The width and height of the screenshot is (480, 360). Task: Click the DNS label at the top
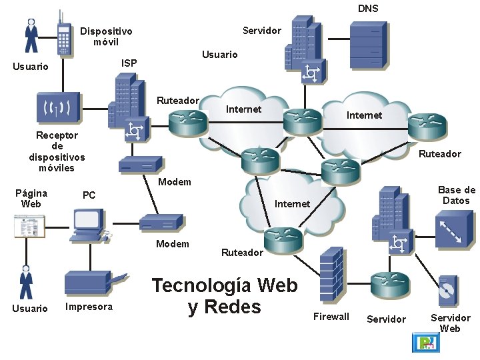point(368,9)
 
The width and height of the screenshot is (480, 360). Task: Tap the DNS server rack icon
point(368,44)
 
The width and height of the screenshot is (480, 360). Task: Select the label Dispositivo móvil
point(106,37)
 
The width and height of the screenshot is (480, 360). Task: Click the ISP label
point(129,63)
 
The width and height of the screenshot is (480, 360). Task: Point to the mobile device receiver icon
point(61,107)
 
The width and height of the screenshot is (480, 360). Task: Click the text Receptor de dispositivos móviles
point(57,151)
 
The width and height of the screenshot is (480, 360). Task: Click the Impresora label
point(89,307)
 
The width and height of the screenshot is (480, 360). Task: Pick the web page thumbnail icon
point(30,227)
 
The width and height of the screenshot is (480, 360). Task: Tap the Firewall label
point(331,317)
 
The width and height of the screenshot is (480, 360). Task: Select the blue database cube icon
point(454,229)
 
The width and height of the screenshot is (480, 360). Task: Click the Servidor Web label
point(450,323)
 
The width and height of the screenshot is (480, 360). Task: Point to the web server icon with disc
point(447,291)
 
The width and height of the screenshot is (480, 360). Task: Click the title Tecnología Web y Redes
point(225,296)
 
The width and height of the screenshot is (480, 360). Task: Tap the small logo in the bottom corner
point(425,343)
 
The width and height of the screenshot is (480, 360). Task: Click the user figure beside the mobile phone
point(31,35)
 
